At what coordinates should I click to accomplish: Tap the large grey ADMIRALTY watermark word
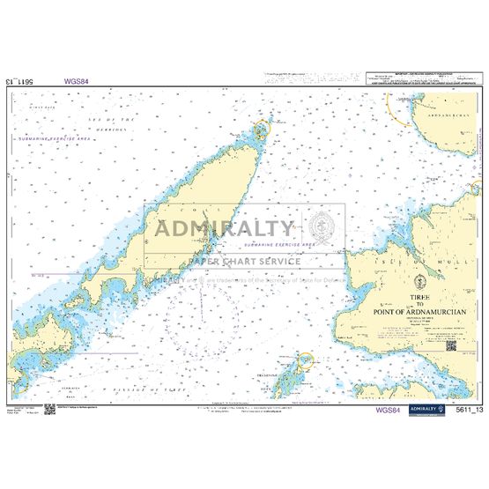[224, 232]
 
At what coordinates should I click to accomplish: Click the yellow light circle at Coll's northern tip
[262, 132]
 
